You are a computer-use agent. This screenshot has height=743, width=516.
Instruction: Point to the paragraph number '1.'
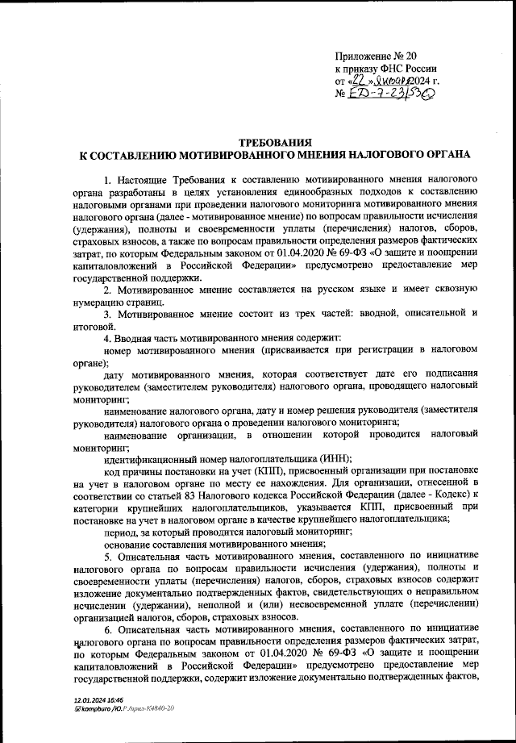[108, 178]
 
